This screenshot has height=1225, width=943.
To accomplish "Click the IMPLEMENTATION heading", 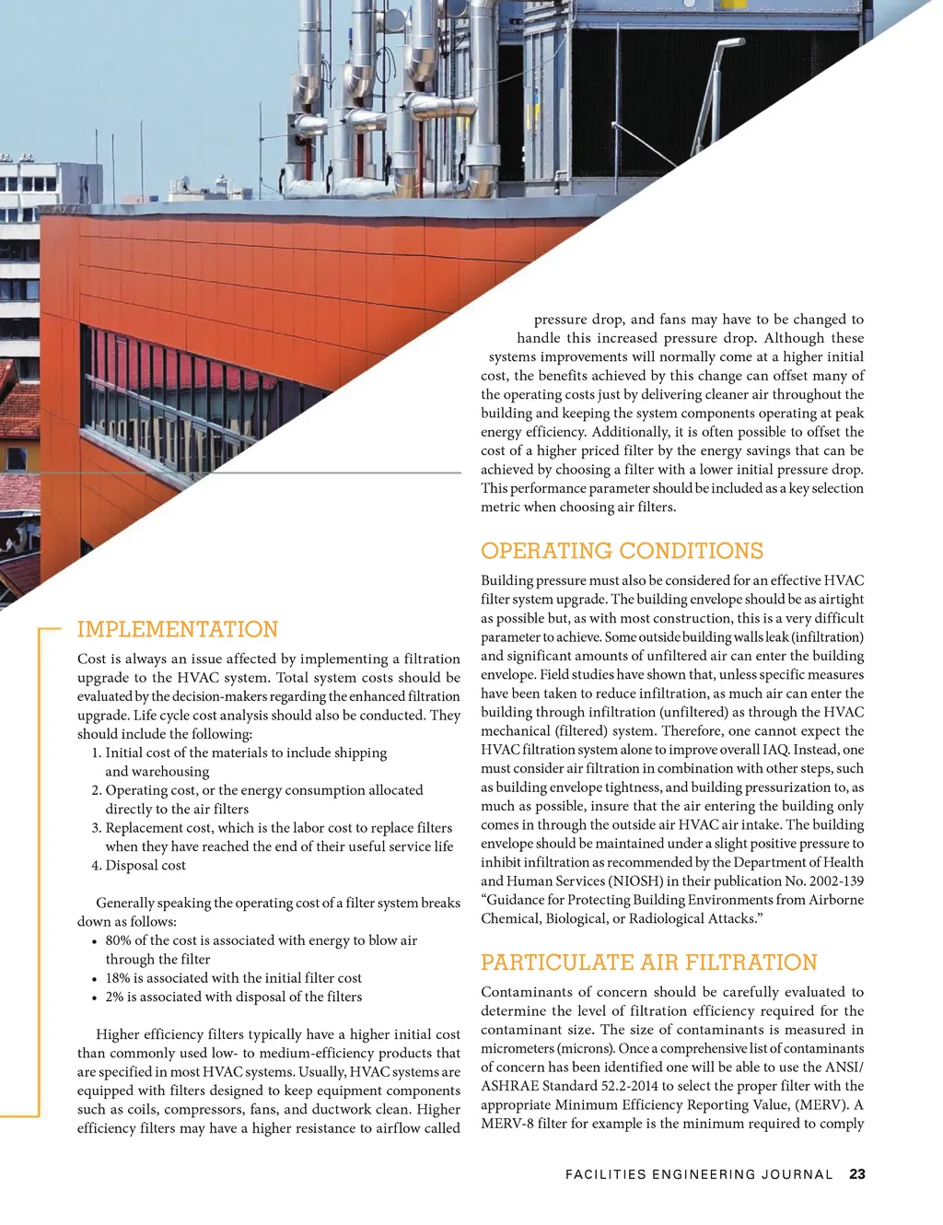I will pos(178,630).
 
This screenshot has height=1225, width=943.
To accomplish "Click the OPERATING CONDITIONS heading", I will pos(622,552).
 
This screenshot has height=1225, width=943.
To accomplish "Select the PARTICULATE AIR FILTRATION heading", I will pos(648,963).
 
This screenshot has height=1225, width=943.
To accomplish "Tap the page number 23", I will pos(857,1174).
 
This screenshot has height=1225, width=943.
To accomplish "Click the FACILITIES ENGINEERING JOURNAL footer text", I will pos(699,1174).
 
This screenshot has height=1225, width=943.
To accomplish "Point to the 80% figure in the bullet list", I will pos(118,940).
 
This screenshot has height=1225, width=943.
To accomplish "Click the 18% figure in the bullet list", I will pos(118,978).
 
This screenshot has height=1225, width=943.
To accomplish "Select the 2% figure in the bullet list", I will pos(114,997).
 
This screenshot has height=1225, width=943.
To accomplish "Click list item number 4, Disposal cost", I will pos(145,866).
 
